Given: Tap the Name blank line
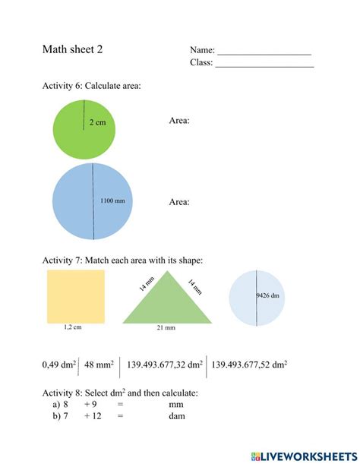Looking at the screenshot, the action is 264,52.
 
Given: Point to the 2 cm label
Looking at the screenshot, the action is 96,122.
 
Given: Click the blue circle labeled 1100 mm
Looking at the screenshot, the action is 76,202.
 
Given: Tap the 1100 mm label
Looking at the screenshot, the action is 112,201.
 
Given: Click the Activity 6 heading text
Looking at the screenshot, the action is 91,87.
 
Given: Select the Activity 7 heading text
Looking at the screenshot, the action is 122,260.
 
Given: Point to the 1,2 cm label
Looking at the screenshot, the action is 73,328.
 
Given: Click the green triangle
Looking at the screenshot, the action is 167,304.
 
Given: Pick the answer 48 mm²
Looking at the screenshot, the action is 99,365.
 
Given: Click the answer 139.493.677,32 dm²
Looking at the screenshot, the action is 165,365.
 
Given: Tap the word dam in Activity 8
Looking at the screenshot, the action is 179,416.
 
